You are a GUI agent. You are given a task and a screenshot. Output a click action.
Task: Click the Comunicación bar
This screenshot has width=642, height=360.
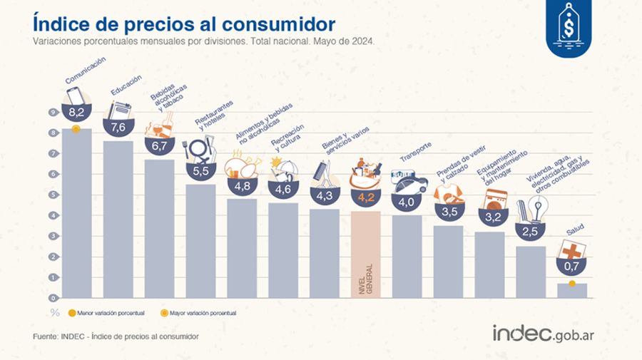pos(76,214)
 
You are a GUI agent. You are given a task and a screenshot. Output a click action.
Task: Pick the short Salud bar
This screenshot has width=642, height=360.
pos(572,291)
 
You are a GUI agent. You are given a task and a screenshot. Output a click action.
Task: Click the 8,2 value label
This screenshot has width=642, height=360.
pos(76,112)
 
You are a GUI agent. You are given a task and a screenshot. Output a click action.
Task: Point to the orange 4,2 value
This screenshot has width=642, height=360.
pos(366,199)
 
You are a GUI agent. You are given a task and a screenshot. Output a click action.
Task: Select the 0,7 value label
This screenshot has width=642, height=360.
pos(572,267)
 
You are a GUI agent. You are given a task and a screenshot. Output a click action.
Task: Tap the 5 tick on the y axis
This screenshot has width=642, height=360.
pos(53,195)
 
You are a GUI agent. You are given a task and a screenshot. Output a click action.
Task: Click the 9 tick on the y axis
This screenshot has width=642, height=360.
pos(53,113)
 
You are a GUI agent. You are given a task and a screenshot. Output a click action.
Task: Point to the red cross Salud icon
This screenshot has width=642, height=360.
pos(572,250)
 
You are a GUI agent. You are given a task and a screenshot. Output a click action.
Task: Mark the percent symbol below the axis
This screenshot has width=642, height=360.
pos(53,312)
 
